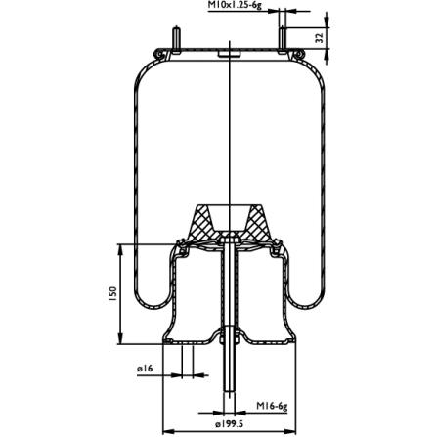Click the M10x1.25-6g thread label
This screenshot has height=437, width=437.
click(235, 6)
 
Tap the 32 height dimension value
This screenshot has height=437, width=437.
click(320, 38)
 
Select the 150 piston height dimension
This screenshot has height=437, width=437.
click(112, 293)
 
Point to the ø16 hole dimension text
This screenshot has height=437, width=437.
click(145, 369)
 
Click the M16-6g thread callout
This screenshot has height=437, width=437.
click(272, 406)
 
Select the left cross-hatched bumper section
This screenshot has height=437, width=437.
click(202, 223)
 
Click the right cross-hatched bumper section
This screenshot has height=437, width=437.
click(257, 223)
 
